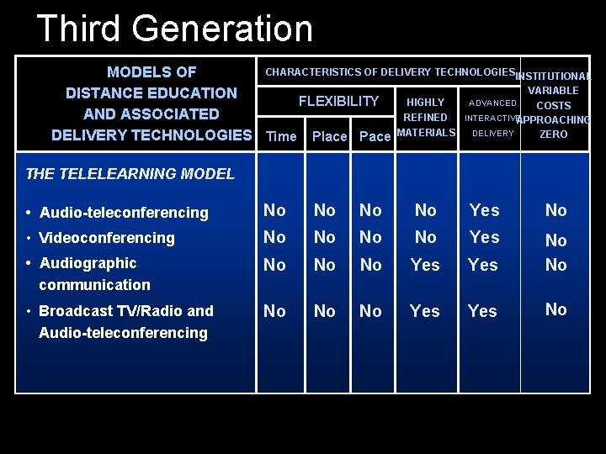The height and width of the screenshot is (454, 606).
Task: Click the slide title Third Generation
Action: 174,29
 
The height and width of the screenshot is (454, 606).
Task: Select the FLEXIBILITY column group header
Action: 338,102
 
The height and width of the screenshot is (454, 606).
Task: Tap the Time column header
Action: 281,136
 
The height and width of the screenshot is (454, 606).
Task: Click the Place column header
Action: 329,136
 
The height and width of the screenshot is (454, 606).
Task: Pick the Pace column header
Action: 375,136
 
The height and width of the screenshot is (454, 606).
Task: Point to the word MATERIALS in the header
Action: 426,132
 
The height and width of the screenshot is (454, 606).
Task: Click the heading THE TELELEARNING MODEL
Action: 130,174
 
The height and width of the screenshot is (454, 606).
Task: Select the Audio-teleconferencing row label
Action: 123,213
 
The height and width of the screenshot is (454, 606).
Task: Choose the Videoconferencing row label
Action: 106,238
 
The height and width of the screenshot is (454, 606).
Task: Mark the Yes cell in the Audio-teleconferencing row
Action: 484,210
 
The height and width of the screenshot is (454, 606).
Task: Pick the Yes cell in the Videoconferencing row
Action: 484,237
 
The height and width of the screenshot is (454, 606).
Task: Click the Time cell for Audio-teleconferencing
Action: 274,210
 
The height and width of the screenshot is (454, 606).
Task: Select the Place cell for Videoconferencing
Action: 324,237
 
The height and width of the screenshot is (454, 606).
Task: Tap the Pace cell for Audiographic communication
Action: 370,265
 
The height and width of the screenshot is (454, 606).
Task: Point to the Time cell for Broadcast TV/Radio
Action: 274,311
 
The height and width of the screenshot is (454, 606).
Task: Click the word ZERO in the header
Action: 553,134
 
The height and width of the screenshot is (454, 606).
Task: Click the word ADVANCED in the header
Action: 492,103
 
